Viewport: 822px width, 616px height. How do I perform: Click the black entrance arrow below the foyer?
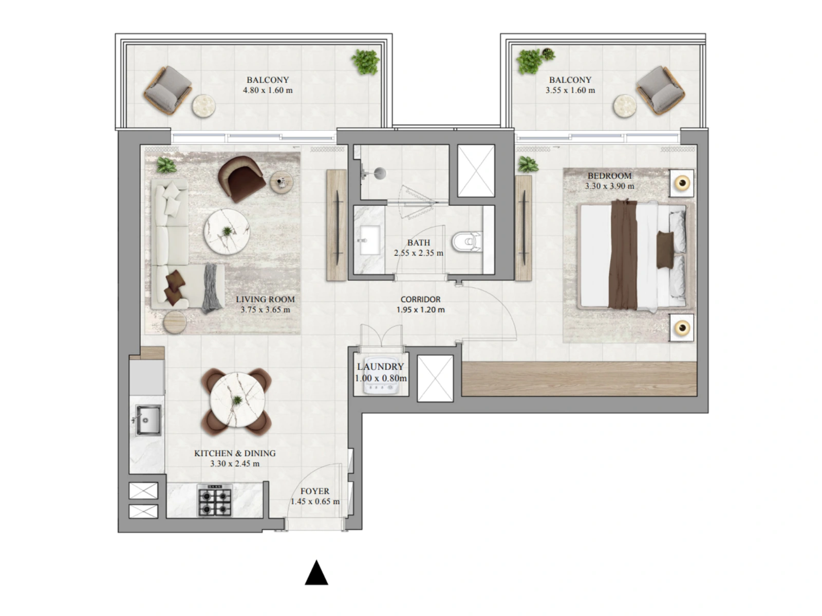pos(316,573)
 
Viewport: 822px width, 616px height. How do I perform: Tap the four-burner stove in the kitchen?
pos(215,500)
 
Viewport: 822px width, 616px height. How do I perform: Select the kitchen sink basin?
pos(148,420)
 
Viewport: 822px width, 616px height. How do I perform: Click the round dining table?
pos(237,400)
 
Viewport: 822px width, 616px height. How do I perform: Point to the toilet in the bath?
pos(466,242)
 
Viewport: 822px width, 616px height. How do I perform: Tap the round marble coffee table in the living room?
pos(227,232)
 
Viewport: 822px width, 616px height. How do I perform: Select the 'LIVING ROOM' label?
pos(265,299)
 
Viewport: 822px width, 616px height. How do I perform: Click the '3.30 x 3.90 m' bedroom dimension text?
pos(610,186)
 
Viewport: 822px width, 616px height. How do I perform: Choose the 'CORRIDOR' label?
pos(420,299)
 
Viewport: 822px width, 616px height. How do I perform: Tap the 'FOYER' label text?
pos(314,491)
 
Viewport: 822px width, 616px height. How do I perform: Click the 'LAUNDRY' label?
pos(380,367)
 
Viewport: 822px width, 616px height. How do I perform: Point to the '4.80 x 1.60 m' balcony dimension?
pos(268,90)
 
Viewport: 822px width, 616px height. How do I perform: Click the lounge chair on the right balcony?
pos(661,90)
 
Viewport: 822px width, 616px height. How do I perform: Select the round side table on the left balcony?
pos(204,106)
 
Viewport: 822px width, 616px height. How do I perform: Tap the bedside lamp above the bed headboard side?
pos(682,183)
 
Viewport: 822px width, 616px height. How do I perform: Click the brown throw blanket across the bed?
pos(624,255)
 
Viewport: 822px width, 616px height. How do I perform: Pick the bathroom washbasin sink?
pos(369,240)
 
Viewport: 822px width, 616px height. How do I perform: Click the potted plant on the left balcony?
pos(365,62)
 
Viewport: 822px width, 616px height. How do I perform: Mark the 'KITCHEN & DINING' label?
pos(235,453)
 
